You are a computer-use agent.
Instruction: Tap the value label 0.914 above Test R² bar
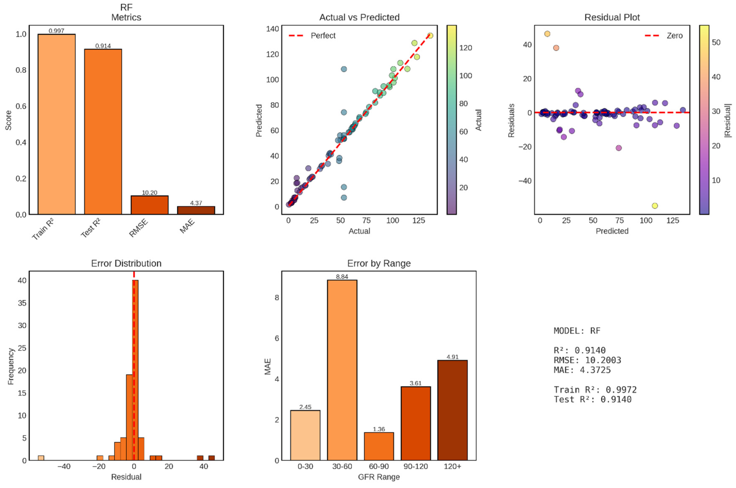pos(103,46)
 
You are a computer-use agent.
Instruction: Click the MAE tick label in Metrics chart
pos(187,226)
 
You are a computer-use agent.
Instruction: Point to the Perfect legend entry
pos(323,36)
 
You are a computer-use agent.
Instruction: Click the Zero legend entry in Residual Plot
pos(674,36)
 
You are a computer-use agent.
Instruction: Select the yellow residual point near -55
pos(655,206)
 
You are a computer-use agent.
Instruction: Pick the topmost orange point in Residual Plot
pos(547,34)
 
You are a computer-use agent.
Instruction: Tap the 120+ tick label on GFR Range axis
pos(452,466)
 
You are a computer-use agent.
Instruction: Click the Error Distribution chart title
pos(126,263)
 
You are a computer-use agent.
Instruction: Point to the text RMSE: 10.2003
pos(587,360)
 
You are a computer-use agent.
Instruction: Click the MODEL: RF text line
pos(576,331)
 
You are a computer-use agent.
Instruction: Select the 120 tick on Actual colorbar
pos(465,48)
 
